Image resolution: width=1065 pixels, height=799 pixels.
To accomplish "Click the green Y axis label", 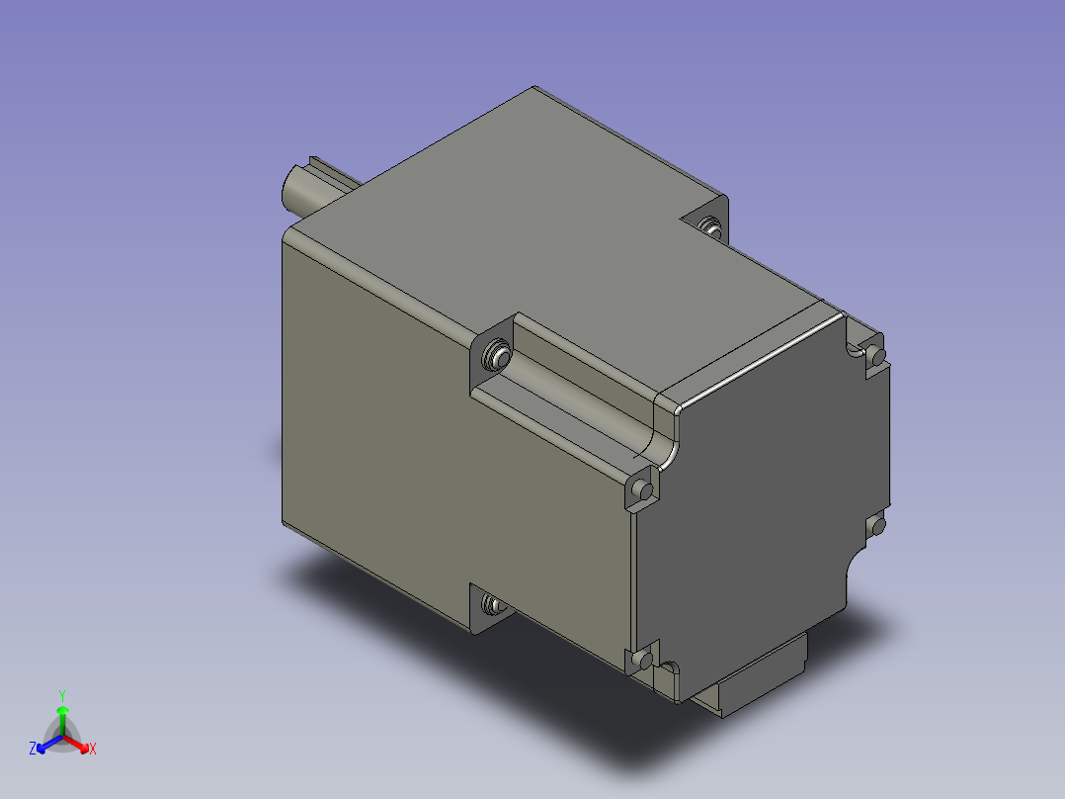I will pos(61,694).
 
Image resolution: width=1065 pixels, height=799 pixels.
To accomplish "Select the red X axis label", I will pos(93,750).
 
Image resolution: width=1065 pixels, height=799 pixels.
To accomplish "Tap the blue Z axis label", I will pos(33,750).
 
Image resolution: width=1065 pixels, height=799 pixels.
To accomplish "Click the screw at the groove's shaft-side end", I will pos(497,353).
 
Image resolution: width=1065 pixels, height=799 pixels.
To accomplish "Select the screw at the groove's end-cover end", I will pos(640,489).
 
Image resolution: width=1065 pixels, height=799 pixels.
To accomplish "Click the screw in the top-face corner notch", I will pos(708,226).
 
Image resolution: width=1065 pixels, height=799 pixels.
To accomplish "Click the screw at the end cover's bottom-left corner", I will pos(641,660).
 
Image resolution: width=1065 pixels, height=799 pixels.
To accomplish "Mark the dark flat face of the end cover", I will pos(761,504).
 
